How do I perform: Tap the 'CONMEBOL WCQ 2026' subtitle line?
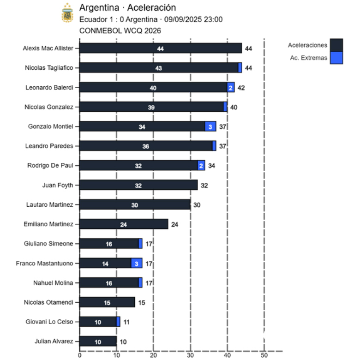coord(120,30)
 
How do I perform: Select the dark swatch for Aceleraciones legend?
coord(336,45)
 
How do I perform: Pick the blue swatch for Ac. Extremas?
coord(336,58)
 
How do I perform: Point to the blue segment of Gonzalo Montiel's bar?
coord(210,126)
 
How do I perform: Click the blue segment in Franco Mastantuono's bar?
coord(137,264)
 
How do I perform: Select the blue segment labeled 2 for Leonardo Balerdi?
coord(231,87)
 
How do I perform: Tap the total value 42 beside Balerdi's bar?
coord(241,87)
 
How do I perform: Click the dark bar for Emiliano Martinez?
coord(124,224)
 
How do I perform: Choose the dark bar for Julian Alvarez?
coord(98,342)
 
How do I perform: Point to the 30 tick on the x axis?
coord(190,355)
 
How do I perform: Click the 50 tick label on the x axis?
coord(264,355)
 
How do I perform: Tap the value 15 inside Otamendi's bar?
coord(107,303)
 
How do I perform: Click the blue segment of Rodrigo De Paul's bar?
coord(201,166)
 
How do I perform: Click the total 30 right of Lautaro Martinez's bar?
coord(197,205)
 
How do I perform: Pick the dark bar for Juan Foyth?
coord(138,185)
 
